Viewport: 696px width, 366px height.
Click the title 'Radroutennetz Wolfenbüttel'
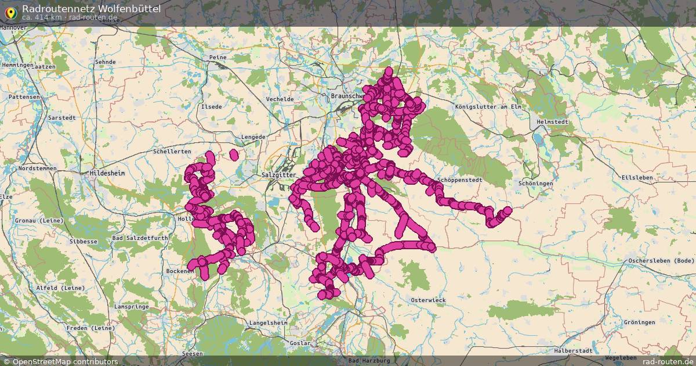91,8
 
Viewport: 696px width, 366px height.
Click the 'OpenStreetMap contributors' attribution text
64,361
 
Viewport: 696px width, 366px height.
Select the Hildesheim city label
108,173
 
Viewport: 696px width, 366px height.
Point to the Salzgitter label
279,174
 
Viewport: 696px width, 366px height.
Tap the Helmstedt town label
553,122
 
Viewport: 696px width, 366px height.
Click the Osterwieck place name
427,300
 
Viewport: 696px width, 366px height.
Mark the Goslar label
300,343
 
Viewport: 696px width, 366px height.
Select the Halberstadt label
573,351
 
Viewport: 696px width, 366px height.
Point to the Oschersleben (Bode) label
661,260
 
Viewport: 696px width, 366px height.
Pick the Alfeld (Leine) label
60,288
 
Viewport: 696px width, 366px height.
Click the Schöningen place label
536,183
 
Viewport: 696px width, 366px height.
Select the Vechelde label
280,99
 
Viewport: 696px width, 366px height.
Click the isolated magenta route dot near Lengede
234,155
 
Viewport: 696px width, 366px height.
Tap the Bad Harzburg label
369,361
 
